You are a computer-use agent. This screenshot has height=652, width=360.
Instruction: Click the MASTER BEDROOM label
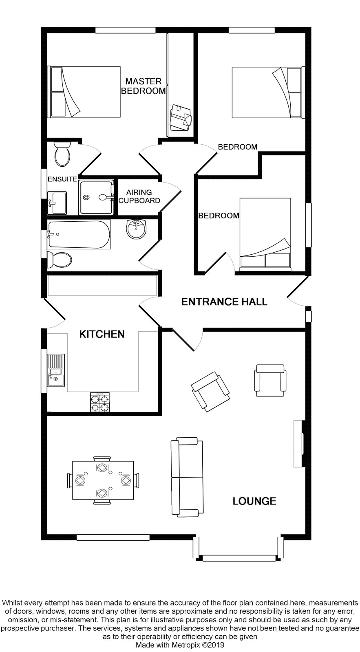(143, 86)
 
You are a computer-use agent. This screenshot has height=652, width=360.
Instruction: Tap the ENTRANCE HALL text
(224, 302)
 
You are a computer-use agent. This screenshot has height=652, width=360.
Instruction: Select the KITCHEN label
(102, 334)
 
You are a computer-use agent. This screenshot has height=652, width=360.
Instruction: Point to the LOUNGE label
(254, 501)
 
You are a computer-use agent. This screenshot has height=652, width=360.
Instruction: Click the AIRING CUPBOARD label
(139, 196)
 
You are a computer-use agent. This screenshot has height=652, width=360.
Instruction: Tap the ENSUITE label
(62, 179)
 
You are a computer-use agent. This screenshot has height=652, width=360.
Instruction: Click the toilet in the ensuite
(62, 154)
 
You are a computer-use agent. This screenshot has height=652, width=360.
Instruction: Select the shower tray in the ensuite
(96, 198)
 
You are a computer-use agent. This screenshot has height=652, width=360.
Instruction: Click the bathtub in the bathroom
(79, 234)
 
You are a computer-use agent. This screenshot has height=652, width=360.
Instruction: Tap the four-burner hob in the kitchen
(100, 402)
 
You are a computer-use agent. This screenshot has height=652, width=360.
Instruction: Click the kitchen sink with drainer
(56, 370)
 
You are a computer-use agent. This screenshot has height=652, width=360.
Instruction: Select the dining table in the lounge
(103, 480)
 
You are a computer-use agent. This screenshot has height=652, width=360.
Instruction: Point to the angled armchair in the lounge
(210, 392)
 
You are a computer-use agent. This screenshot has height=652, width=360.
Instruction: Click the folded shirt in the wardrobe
(181, 118)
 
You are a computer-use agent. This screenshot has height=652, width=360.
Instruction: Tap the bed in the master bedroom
(85, 92)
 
